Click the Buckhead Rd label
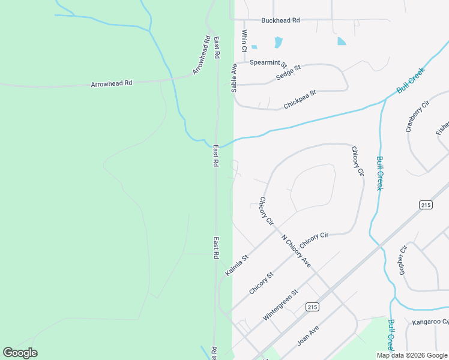280,20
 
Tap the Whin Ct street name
244,41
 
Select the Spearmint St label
268,62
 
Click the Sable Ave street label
234,79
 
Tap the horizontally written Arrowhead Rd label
111,83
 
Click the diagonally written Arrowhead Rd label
202,56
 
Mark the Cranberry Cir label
418,116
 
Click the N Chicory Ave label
297,251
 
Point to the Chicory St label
261,283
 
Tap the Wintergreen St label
280,305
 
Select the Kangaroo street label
430,323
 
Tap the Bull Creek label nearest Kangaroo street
391,335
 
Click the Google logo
20,353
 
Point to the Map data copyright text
411,355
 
